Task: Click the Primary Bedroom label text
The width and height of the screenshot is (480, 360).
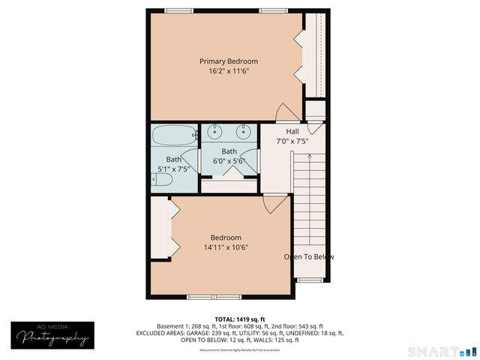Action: tap(228, 61)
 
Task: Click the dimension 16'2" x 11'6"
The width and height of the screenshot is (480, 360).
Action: tap(228, 71)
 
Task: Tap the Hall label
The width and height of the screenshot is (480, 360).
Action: tap(292, 132)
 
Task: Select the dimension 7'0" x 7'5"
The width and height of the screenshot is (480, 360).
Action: tap(292, 142)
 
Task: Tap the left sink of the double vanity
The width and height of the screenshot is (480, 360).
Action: tap(215, 133)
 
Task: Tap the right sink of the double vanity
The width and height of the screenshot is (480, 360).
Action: tap(244, 133)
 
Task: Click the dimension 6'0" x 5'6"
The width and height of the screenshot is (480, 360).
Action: tap(229, 160)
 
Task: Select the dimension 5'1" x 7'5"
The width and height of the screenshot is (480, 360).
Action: tap(173, 169)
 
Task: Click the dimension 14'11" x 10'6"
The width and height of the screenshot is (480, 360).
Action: tap(226, 247)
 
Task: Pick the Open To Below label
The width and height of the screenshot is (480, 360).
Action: tap(308, 256)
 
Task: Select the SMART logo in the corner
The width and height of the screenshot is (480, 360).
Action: tap(441, 351)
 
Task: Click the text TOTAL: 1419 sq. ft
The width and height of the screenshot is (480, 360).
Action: tap(239, 318)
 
